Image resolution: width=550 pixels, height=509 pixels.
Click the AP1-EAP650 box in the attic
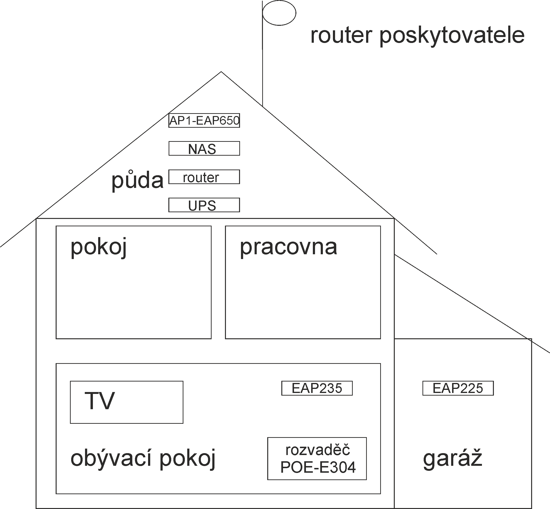click(x=204, y=121)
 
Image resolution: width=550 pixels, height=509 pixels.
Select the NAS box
click(x=204, y=149)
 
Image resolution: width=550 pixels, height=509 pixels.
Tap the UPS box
click(x=204, y=205)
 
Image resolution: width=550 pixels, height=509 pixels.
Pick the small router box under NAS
click(x=204, y=177)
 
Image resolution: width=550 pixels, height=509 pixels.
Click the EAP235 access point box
click(x=317, y=388)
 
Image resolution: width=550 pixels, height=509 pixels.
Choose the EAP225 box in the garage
click(x=458, y=388)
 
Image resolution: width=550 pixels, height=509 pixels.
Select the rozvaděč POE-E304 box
click(x=317, y=459)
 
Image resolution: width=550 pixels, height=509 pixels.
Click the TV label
click(x=100, y=401)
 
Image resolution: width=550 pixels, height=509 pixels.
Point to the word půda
click(x=137, y=180)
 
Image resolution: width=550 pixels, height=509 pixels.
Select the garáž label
click(x=453, y=458)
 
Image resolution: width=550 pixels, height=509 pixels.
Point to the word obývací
click(x=112, y=459)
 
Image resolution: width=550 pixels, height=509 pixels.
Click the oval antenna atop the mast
click(x=279, y=13)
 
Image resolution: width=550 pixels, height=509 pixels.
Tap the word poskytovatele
click(x=452, y=36)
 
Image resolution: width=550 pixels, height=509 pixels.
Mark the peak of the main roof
click(x=221, y=72)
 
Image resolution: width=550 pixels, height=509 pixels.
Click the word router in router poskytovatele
click(x=341, y=36)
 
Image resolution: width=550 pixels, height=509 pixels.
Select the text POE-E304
click(x=318, y=468)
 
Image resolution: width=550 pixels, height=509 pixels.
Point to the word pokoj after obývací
click(x=187, y=459)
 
